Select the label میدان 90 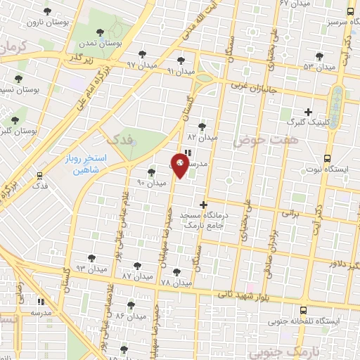tap(151, 182)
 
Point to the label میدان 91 tap(181, 71)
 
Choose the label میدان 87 tap(137, 276)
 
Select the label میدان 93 tap(91, 269)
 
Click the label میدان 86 tap(130, 317)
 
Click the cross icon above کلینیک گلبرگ tap(307, 111)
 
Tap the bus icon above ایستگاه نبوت tap(327, 158)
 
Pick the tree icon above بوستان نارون tap(46, 11)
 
